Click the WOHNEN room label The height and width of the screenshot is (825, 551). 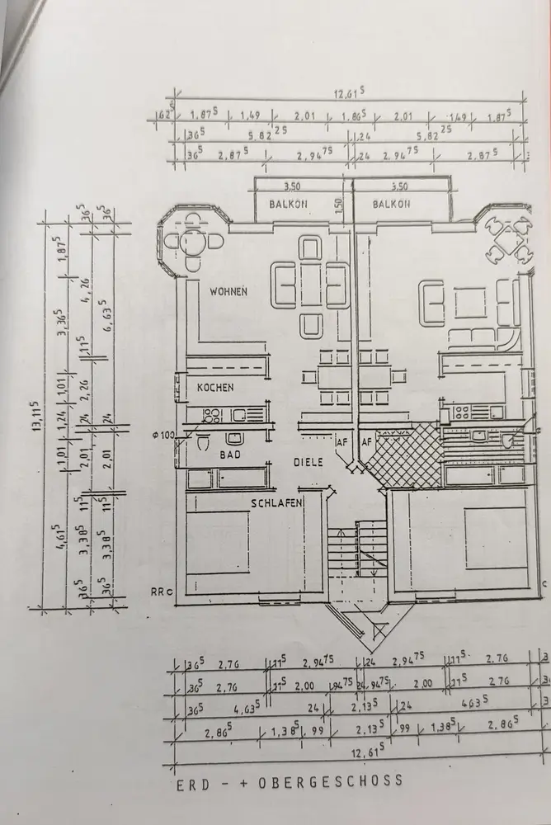[x=228, y=291]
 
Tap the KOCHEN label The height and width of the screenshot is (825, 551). [x=214, y=387]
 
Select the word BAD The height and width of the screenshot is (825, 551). [x=228, y=453]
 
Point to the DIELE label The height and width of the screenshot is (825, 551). [x=308, y=463]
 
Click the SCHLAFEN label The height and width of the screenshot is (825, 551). [x=276, y=502]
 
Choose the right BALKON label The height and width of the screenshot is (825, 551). [x=391, y=203]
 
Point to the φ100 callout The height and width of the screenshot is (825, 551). [x=162, y=435]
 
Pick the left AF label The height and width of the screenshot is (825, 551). [x=342, y=443]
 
